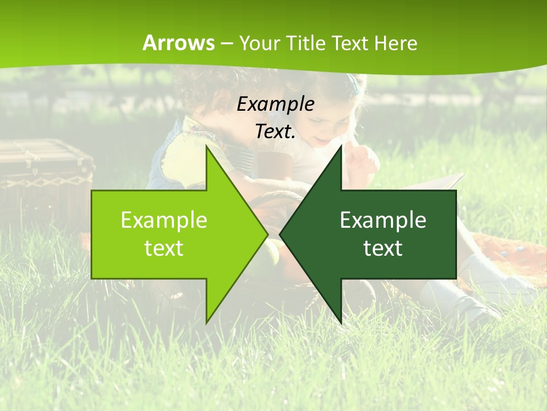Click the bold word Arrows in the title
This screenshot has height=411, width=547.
(179, 43)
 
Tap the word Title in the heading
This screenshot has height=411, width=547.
(306, 43)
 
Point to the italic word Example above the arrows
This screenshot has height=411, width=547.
(276, 104)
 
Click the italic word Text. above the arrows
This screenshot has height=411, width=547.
(276, 132)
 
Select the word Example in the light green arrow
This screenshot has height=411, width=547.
(164, 220)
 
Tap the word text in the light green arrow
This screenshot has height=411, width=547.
(164, 248)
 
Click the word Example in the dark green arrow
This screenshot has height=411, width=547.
(383, 220)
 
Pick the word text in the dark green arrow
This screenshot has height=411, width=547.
(383, 248)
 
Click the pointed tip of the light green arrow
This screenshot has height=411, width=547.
(266, 234)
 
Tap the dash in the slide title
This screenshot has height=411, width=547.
(226, 43)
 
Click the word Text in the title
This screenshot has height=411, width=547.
(350, 43)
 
